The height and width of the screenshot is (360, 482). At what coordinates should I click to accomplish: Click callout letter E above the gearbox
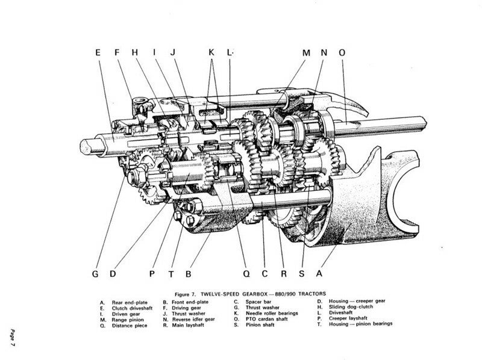pyautogui.click(x=98, y=52)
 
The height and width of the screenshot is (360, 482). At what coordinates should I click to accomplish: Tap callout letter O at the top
pyautogui.click(x=342, y=52)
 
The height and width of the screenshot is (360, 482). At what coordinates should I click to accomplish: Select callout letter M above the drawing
pyautogui.click(x=306, y=52)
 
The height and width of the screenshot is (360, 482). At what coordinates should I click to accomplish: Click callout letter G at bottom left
pyautogui.click(x=95, y=273)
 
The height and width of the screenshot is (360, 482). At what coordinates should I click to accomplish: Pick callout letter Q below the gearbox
pyautogui.click(x=246, y=273)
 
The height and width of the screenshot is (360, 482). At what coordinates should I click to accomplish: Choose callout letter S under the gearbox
pyautogui.click(x=301, y=273)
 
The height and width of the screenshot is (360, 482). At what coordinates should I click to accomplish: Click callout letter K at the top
pyautogui.click(x=211, y=52)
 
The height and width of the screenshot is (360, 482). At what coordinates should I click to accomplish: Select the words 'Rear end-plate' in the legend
pyautogui.click(x=127, y=301)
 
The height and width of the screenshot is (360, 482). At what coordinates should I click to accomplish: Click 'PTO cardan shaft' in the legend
pyautogui.click(x=261, y=318)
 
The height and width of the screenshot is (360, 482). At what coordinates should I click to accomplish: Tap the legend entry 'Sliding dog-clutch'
pyautogui.click(x=350, y=306)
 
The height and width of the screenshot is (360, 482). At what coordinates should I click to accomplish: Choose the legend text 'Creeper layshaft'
pyautogui.click(x=348, y=318)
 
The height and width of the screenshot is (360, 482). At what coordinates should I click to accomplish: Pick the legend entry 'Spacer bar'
pyautogui.click(x=255, y=301)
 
